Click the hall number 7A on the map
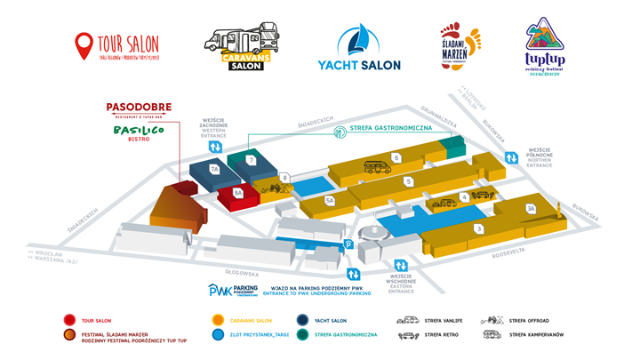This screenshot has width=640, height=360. point(213,169)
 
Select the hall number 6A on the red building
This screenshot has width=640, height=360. point(237,193)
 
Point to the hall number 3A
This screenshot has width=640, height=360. point(531,208)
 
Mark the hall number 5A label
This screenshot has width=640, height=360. point(330,201)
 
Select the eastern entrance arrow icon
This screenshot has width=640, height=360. point(402,265)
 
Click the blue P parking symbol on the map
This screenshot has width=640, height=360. point(349,244)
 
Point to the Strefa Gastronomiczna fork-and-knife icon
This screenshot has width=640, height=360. point(339,132)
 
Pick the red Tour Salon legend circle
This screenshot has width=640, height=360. point(69,320)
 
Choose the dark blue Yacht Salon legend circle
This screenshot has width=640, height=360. point(279,320)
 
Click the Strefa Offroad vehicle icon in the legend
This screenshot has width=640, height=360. point(492,319)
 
